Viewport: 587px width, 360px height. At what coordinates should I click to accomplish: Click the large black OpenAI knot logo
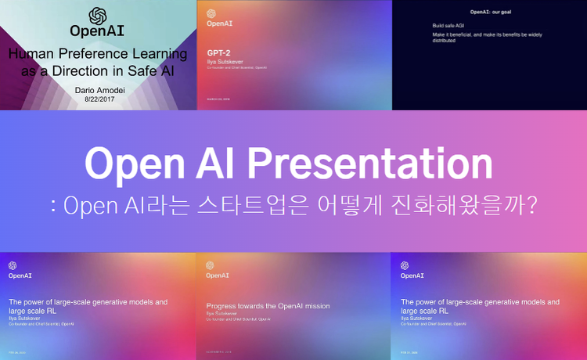[x=97, y=16]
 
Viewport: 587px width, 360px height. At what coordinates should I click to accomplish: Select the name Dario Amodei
[x=97, y=91]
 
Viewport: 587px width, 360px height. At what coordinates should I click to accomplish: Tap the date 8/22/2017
[x=97, y=101]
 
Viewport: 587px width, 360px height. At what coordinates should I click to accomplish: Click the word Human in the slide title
[x=34, y=55]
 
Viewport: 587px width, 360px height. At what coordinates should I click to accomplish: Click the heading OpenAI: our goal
[x=490, y=13]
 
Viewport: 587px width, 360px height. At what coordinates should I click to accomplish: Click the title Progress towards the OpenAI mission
[x=268, y=306]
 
